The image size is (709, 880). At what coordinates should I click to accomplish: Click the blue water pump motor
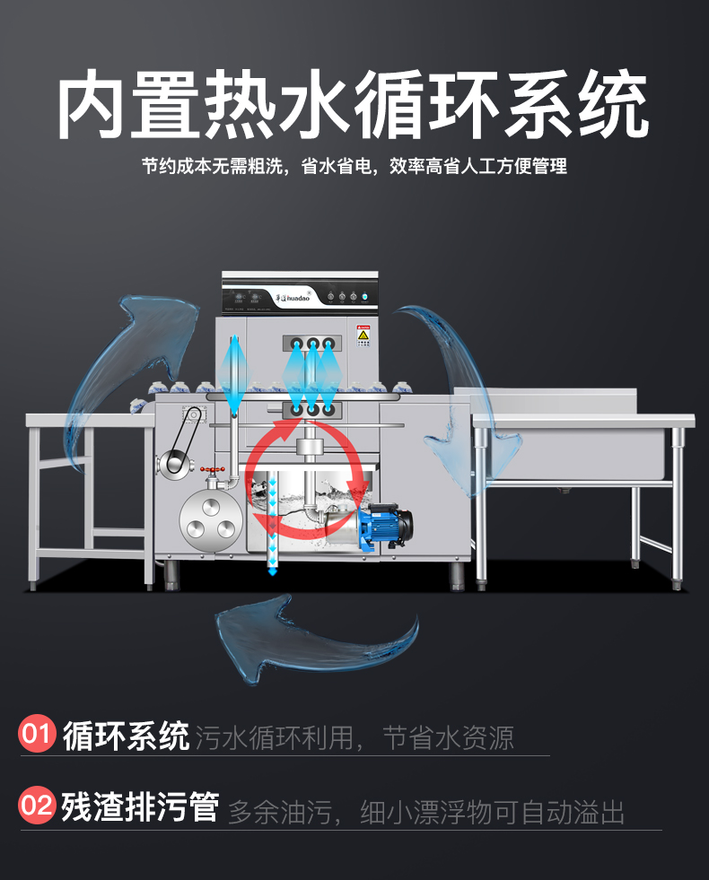click(385, 524)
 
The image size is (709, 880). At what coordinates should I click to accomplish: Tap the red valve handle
click(210, 470)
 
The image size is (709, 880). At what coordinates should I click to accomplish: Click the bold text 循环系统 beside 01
click(126, 736)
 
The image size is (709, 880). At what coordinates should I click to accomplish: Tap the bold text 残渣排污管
click(140, 806)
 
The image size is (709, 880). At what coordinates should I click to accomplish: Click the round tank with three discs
click(212, 518)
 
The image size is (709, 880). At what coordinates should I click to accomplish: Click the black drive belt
click(184, 440)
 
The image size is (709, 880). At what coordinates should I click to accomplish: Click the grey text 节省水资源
click(448, 737)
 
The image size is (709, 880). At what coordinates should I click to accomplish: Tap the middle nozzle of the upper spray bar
click(313, 344)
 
